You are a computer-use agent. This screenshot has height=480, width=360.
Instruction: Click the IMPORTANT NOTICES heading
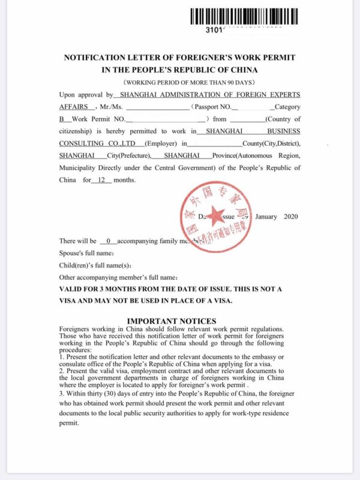172,321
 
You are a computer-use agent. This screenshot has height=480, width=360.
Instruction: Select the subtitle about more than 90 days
181,82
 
